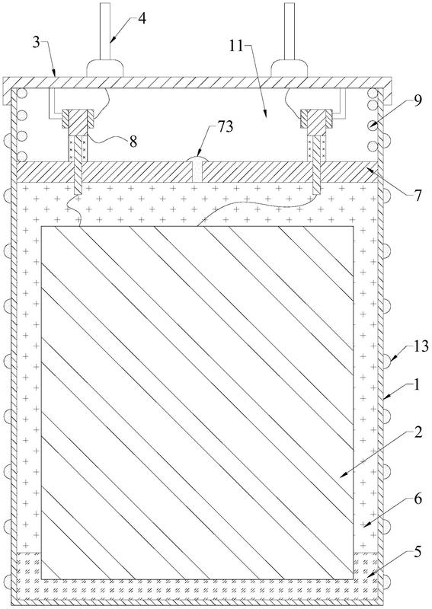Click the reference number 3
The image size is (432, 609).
[36, 42]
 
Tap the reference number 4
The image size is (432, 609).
[142, 18]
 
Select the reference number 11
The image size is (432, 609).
[236, 46]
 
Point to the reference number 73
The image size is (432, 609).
[225, 126]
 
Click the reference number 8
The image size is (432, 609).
[133, 142]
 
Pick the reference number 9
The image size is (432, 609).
[418, 101]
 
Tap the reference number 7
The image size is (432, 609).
[418, 196]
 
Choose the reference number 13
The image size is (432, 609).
[421, 346]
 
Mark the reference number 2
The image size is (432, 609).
[418, 432]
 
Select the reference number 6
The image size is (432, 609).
[418, 499]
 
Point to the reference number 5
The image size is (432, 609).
[418, 552]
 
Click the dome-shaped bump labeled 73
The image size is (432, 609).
[198, 158]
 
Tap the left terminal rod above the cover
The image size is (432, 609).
[104, 31]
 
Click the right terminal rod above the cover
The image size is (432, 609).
[290, 31]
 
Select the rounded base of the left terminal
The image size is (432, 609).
[104, 68]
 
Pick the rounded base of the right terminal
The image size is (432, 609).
[290, 68]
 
